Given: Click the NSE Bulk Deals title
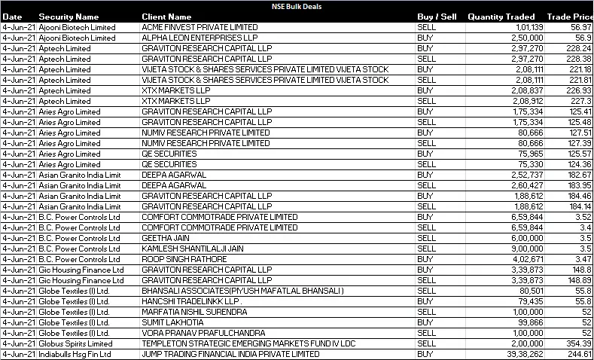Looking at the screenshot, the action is pos(297,5).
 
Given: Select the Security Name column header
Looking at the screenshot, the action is pos(69,17).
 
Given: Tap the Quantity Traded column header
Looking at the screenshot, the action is pos(501,17).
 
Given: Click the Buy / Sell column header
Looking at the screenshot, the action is pos(437,17).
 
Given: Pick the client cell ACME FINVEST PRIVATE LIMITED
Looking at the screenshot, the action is pos(200,27).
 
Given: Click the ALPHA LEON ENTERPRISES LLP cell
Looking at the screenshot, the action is pos(199,38).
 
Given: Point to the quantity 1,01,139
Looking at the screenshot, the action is pos(519,27).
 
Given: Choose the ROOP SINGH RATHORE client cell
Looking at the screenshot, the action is pos(184,259).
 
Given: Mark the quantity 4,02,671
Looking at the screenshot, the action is pos(519,259).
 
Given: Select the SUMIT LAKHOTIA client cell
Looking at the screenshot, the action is pos(172,322).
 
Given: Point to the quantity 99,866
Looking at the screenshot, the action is pos(522,322).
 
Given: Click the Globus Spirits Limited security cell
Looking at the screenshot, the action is pos(75,343).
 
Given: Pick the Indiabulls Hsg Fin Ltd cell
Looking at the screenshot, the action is pos(75,354).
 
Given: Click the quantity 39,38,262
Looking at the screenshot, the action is pos(516,354).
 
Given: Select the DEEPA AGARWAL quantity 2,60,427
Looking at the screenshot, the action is pos(519,185).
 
